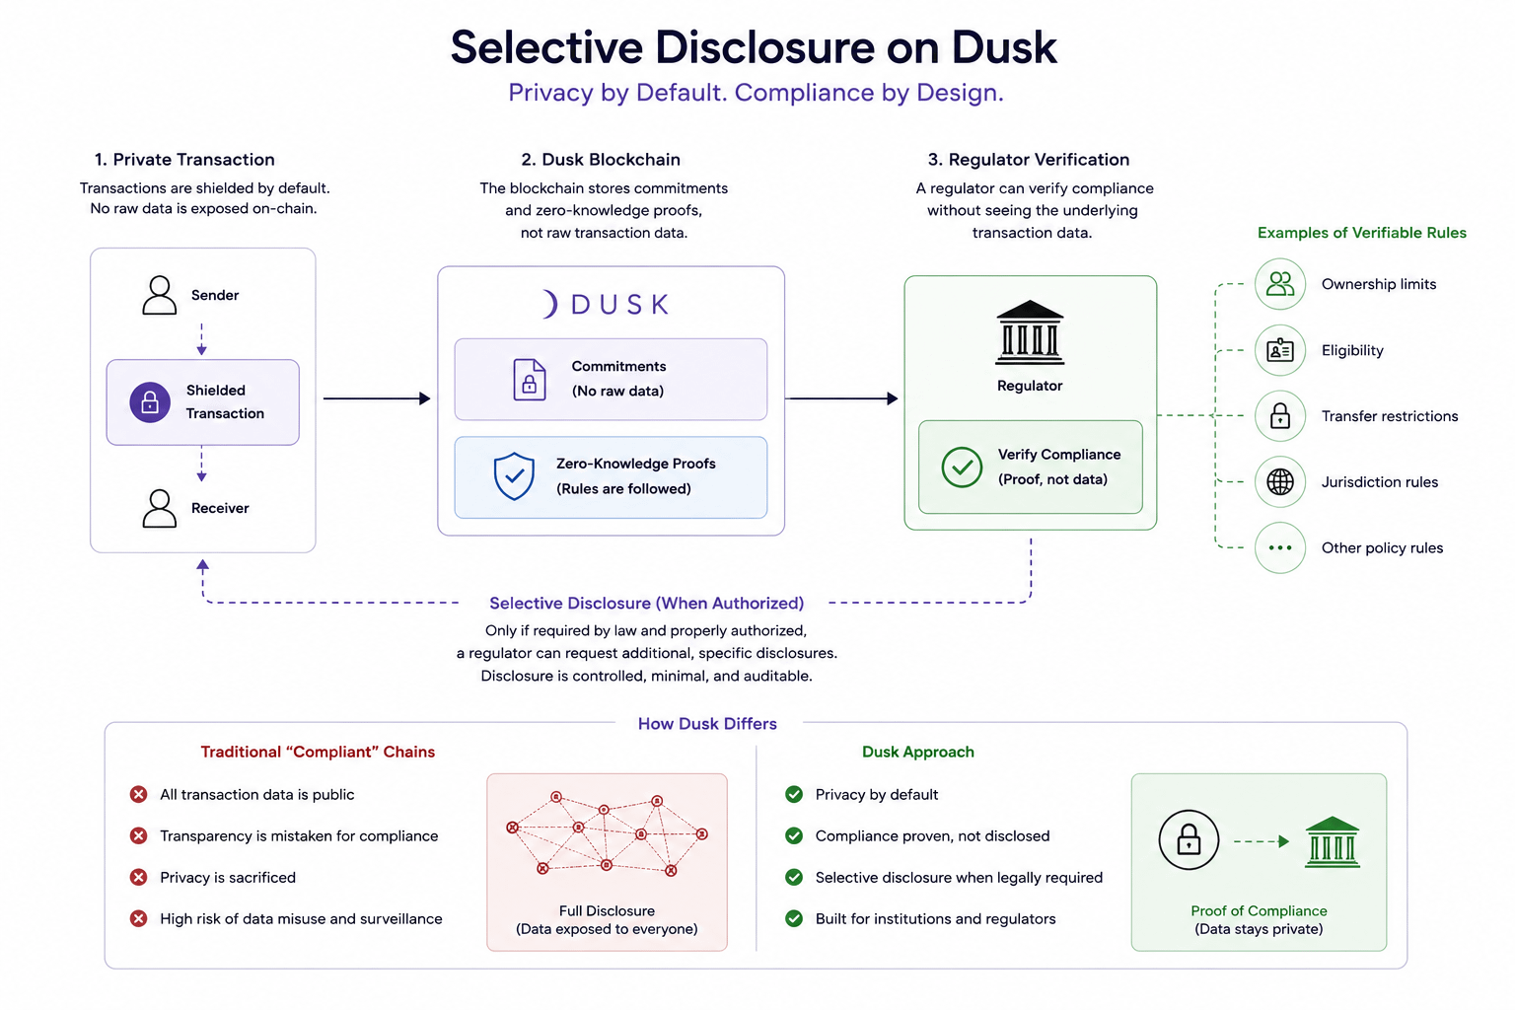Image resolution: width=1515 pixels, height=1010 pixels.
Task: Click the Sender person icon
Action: click(160, 295)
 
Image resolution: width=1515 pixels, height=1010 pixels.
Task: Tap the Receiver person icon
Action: click(160, 508)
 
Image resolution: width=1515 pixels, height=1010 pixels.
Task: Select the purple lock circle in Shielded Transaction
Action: click(150, 402)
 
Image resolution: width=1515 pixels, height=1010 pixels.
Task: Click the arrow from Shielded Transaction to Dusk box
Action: click(377, 398)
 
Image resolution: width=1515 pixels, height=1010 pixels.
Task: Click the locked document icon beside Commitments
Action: click(529, 380)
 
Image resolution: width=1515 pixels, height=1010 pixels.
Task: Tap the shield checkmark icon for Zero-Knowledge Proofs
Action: click(514, 476)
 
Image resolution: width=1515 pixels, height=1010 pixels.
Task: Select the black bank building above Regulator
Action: click(1030, 332)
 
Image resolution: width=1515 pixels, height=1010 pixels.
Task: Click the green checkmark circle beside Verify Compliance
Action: click(962, 467)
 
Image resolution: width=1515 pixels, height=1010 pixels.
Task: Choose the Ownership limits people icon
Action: click(1279, 284)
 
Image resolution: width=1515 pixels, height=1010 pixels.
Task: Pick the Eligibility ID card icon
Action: click(1279, 350)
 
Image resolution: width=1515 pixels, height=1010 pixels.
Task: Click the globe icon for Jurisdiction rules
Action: click(1279, 482)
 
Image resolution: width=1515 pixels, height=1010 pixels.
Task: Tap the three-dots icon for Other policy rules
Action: click(1279, 548)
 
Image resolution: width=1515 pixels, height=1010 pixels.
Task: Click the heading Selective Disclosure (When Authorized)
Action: click(647, 603)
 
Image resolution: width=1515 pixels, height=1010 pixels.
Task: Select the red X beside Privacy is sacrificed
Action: click(139, 878)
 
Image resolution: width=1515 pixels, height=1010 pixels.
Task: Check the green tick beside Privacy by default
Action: click(794, 794)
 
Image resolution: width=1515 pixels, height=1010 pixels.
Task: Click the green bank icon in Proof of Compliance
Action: click(1332, 842)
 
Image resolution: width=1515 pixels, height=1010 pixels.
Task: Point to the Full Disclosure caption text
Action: click(607, 919)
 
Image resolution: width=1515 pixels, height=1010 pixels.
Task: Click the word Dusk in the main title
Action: click(1004, 47)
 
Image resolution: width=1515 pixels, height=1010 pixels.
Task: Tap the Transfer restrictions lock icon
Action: click(1279, 416)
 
